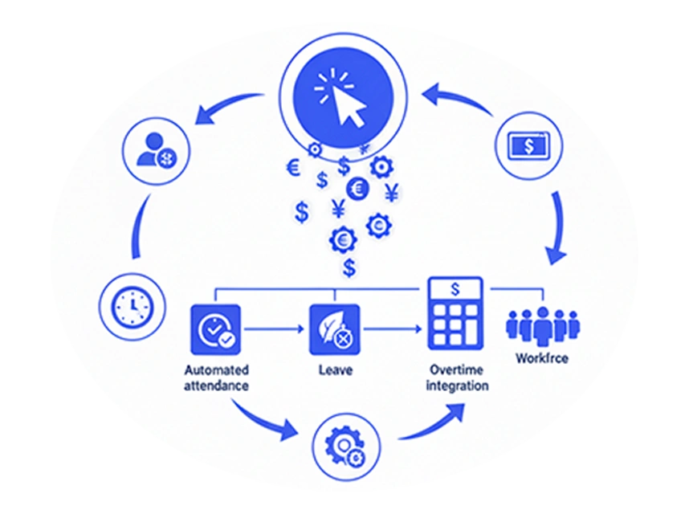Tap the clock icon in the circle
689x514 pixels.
click(x=132, y=307)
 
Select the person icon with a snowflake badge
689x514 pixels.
click(x=156, y=151)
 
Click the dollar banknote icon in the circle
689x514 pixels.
click(x=528, y=146)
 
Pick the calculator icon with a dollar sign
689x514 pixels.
click(x=455, y=312)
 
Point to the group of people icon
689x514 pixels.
click(x=543, y=325)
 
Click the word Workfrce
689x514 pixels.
click(x=542, y=358)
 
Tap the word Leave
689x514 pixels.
click(x=336, y=370)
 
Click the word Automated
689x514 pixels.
click(x=217, y=370)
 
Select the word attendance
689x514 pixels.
click(x=216, y=385)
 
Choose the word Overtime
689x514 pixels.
click(x=457, y=370)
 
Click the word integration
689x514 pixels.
click(x=457, y=385)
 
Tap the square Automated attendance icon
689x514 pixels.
click(x=216, y=329)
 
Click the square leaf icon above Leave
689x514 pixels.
click(x=335, y=329)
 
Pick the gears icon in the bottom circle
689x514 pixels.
click(x=345, y=447)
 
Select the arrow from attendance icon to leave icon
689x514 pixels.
click(x=274, y=328)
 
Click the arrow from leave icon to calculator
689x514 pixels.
click(x=393, y=328)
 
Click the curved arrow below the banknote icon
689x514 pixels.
click(x=556, y=227)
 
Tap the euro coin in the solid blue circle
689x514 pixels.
click(x=357, y=189)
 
